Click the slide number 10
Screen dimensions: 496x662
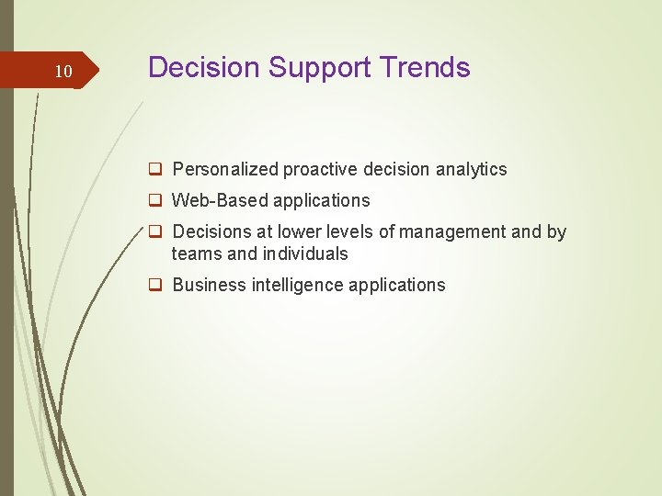63,72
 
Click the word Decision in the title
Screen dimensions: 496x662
204,68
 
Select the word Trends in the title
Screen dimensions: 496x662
428,68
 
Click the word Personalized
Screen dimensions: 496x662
226,170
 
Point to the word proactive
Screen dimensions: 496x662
321,170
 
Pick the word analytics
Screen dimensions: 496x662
472,170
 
